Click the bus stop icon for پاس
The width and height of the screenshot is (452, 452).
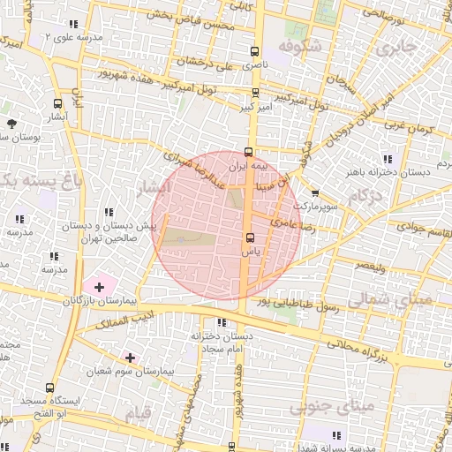click(x=251, y=237)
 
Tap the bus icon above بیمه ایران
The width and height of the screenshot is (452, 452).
click(x=251, y=151)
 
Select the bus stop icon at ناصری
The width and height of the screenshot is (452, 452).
click(x=255, y=51)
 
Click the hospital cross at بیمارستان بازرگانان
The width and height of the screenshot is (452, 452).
click(x=99, y=286)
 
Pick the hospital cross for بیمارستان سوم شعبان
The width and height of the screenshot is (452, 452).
click(x=131, y=357)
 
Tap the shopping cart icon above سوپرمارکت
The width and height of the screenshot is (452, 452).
click(x=314, y=192)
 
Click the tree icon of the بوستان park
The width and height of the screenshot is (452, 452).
click(x=11, y=124)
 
